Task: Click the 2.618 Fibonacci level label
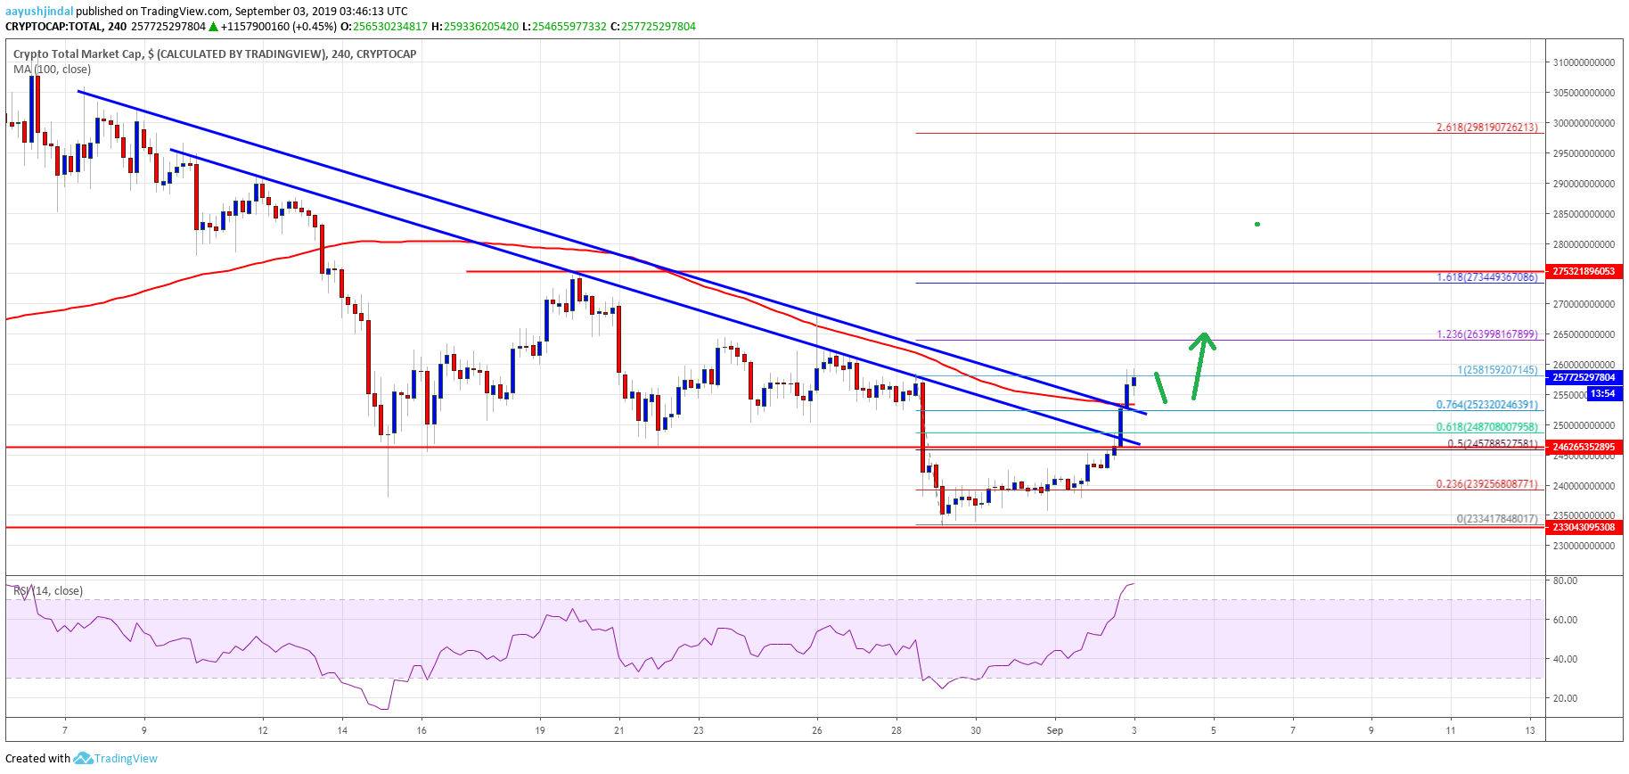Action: tap(1486, 128)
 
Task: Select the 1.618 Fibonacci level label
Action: tap(1486, 277)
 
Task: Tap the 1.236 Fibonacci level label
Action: tap(1486, 334)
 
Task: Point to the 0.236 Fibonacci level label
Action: tap(1486, 484)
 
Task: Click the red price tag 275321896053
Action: tap(1584, 271)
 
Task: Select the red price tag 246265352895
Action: tap(1584, 447)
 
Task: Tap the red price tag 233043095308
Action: tap(1584, 527)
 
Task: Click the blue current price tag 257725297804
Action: tap(1584, 377)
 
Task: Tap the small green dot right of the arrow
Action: tap(1257, 224)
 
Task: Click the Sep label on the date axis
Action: tap(1055, 730)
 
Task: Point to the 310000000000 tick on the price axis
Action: tap(1584, 62)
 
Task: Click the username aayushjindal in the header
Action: tap(39, 12)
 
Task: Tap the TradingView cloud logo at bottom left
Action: tap(83, 758)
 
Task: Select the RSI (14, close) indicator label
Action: tap(50, 591)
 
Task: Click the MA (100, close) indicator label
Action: tap(52, 70)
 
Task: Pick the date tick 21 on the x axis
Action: tap(619, 730)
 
